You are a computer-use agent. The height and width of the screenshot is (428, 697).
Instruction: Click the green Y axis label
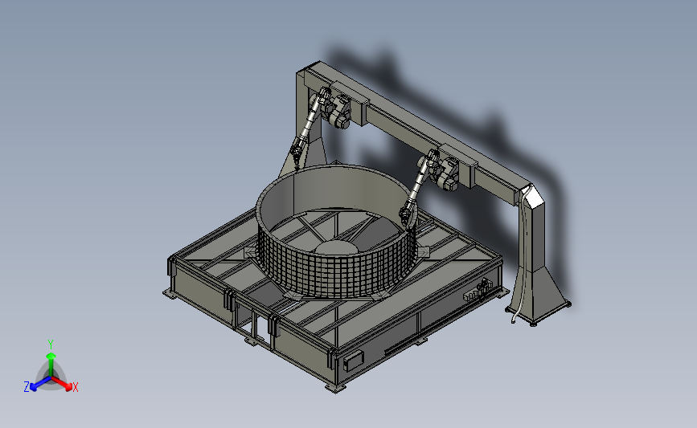(x=51, y=344)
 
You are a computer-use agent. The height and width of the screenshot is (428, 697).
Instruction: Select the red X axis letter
(x=75, y=387)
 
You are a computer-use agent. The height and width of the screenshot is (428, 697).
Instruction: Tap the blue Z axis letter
(x=27, y=387)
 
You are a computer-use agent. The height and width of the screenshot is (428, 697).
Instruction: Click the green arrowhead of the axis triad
(x=51, y=356)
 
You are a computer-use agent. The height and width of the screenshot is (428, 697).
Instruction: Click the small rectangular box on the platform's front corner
(x=354, y=361)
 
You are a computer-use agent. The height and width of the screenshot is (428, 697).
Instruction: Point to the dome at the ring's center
(x=334, y=248)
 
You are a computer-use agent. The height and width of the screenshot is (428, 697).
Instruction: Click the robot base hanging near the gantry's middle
(x=447, y=174)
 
